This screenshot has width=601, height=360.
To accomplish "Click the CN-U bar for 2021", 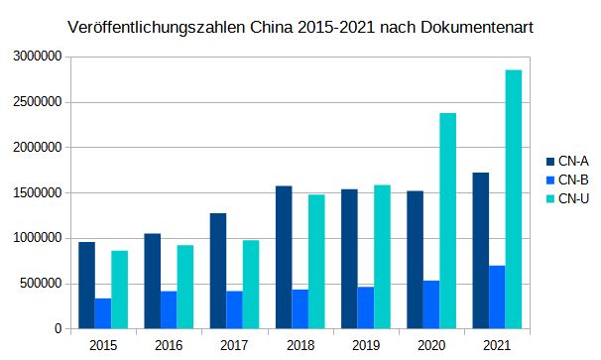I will (513, 198).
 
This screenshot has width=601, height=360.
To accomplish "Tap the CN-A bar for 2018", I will (284, 257).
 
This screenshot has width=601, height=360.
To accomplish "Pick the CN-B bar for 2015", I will (103, 313).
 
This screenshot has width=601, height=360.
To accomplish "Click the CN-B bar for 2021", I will (497, 297).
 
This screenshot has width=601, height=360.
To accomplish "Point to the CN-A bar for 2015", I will (87, 285).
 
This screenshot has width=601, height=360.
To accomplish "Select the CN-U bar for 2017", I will (251, 284).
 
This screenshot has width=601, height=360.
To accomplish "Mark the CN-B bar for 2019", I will (366, 307).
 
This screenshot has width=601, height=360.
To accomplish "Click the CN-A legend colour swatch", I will (550, 161).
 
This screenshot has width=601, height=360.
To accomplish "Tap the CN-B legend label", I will (574, 180).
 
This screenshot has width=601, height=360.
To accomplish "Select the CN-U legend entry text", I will (574, 198).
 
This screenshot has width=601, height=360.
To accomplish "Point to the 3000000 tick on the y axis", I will (37, 58).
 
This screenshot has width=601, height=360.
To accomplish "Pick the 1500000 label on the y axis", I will (37, 193).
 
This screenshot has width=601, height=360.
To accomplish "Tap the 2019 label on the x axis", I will (365, 345).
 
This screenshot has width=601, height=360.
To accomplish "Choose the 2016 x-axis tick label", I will (169, 345).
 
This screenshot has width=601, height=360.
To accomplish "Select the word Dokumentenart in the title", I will (479, 28).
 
